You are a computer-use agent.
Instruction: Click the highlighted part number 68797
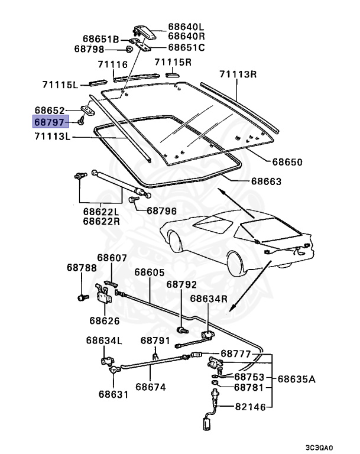pos(50,122)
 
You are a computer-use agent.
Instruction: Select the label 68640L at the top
pos(185,27)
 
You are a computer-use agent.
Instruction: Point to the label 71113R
pos(238,74)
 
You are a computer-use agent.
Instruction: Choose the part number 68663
pos(264,181)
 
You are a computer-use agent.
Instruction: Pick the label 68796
pos(161,210)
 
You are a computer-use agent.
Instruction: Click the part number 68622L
pos(101,211)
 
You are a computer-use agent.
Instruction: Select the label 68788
pos(81,268)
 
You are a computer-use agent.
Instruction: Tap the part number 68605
pos(150,273)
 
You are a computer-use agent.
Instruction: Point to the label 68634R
pos(208,299)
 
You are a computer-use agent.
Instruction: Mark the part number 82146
pos(250,407)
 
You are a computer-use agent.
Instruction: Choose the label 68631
pos(113,394)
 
